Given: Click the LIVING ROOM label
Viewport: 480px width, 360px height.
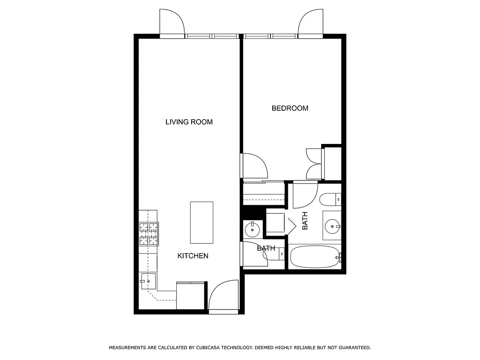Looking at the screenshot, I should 189,121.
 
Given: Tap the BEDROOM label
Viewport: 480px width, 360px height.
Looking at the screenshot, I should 290,108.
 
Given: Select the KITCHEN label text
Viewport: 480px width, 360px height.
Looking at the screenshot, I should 193,256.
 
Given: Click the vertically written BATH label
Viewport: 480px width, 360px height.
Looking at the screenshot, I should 305,221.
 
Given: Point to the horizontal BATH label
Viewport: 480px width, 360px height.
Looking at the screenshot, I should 265,248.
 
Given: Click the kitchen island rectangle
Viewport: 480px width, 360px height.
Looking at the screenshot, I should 202,222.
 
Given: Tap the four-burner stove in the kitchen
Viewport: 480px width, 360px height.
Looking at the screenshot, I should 149,234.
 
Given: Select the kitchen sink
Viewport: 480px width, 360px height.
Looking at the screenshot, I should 148,281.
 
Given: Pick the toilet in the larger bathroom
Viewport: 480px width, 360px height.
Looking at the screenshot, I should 331,198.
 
